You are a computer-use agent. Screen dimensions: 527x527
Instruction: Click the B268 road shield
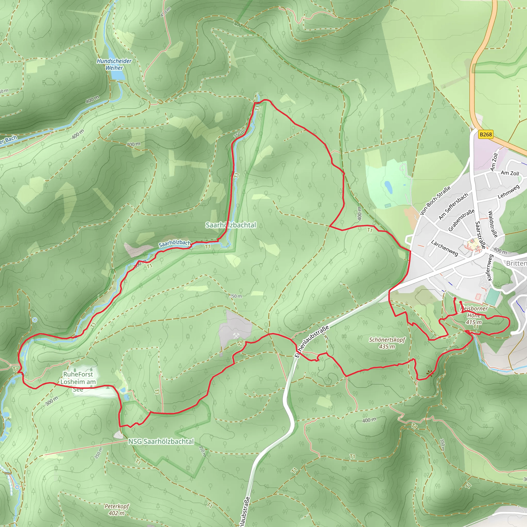coord(486,134)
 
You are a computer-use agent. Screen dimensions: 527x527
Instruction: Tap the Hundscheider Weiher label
coord(114,64)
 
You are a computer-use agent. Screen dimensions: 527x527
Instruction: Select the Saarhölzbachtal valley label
coord(231,225)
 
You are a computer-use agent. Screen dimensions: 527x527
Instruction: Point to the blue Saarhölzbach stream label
coord(175,243)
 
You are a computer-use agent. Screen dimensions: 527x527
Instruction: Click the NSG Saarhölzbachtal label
coord(161,441)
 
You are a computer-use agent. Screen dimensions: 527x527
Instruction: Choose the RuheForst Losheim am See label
coord(78,382)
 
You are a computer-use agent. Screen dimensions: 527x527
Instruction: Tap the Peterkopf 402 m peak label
coord(117,510)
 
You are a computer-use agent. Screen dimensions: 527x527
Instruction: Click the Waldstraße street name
coord(493,224)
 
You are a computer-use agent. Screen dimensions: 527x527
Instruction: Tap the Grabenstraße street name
coord(462,220)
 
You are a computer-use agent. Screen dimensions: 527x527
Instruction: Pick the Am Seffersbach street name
coord(453,206)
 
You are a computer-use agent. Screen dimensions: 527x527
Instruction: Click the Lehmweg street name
coord(508,192)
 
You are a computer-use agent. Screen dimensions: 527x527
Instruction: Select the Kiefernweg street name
coord(490,268)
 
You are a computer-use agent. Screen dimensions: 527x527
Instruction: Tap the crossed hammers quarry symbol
coord(236,336)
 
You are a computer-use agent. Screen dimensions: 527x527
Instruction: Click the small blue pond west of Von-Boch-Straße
coord(388,187)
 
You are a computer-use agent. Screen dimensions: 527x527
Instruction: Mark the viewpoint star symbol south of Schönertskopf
coord(430,373)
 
